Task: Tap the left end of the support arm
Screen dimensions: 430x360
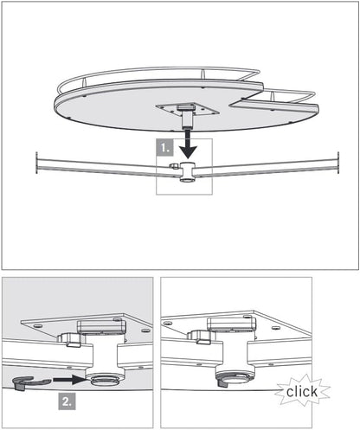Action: pos(38,162)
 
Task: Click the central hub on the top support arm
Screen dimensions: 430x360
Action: pos(186,170)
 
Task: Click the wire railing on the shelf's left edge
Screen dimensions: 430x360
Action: pos(65,87)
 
